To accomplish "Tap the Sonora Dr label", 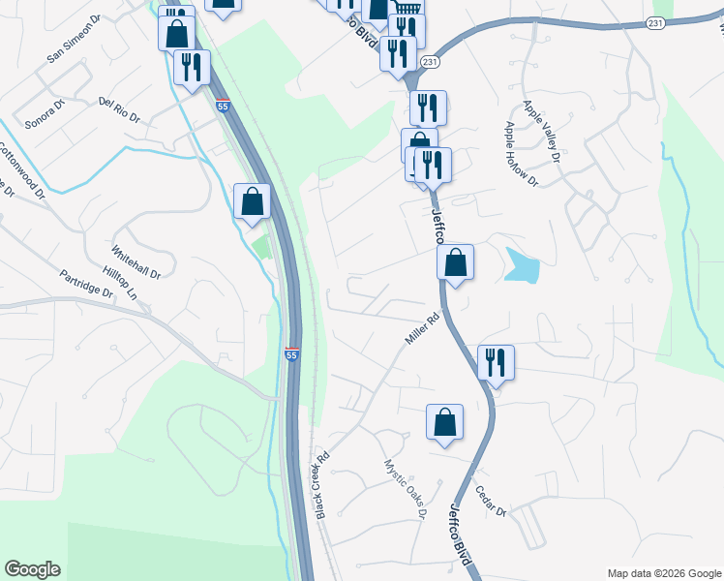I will [44, 112].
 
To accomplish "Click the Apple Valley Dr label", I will [542, 132].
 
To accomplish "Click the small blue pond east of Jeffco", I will [522, 265].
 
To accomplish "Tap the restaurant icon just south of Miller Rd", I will [496, 363].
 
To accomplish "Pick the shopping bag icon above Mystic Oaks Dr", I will [444, 422].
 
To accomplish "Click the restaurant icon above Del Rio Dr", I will [191, 67].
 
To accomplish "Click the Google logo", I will [32, 569].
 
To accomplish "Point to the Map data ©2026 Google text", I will [663, 572].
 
